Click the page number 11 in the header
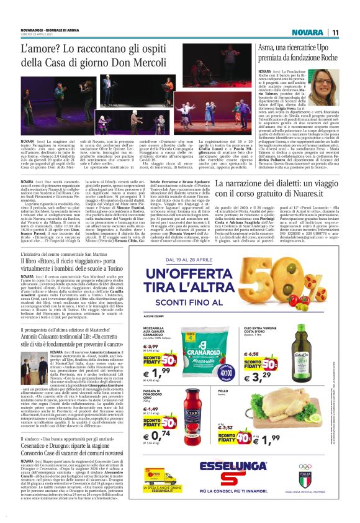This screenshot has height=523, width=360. click(335, 32)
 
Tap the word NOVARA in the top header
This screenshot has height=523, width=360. click(308, 32)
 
